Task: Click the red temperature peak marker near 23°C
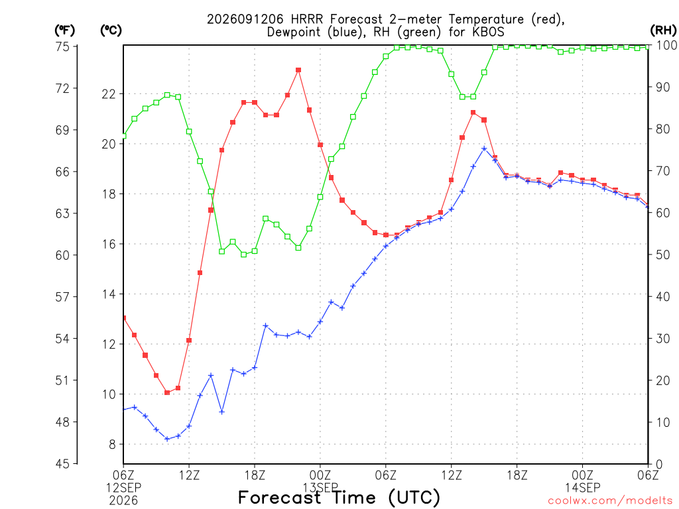(x=298, y=70)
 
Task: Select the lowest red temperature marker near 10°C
(x=167, y=392)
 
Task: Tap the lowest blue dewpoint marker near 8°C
(x=167, y=439)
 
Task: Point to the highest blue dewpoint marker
(x=484, y=148)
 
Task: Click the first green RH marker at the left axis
(x=124, y=136)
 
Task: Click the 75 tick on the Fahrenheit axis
(x=62, y=46)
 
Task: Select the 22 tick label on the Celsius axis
(x=109, y=94)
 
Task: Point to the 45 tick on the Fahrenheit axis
(x=62, y=464)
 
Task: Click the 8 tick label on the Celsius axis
(x=113, y=445)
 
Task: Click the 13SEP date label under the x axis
(x=320, y=488)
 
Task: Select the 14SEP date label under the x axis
(x=582, y=488)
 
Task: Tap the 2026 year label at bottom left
(x=123, y=501)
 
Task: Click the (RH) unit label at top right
(x=663, y=30)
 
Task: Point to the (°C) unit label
(x=111, y=30)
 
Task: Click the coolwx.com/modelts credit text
(x=610, y=501)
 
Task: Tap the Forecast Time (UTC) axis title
(x=339, y=498)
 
